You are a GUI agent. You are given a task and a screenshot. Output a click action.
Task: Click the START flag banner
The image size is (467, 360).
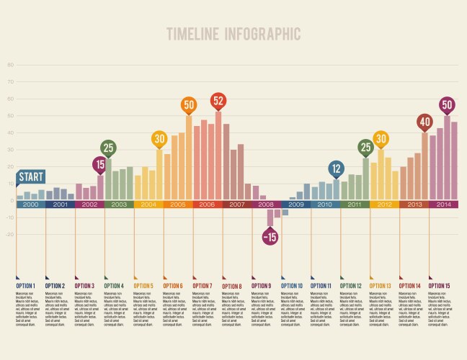(x=31, y=177)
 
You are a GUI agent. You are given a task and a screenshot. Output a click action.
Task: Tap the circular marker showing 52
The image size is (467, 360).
(x=218, y=101)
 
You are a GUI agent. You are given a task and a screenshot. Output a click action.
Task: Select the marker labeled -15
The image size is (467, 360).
(x=270, y=236)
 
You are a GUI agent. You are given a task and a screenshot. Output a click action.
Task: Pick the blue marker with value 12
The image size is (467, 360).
(x=336, y=170)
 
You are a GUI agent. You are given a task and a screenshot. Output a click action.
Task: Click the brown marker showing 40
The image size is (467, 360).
(x=425, y=122)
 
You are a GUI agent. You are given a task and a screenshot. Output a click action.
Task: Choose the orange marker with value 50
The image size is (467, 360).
(x=189, y=105)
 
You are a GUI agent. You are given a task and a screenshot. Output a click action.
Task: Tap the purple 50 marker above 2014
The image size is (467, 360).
(x=447, y=105)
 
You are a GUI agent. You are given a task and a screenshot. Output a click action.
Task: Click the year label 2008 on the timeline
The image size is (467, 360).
(x=266, y=204)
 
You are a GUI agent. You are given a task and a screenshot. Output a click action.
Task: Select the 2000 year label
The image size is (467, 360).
(x=31, y=204)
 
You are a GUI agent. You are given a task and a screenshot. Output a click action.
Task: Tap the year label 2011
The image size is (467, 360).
(x=355, y=204)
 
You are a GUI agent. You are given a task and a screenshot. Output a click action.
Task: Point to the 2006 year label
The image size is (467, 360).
(x=207, y=204)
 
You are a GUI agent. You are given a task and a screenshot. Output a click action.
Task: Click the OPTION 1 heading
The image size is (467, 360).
(x=26, y=286)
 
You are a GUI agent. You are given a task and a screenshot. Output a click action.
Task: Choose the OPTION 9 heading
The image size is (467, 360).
(x=262, y=286)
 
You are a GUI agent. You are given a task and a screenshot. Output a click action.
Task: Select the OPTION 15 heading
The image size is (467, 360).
(x=440, y=286)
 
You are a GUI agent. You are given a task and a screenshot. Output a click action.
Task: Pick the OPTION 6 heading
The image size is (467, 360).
(x=173, y=286)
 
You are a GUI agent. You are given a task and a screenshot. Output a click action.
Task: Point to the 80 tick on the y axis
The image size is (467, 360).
(x=10, y=65)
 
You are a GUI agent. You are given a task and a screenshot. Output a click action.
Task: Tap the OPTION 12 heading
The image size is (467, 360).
(x=351, y=286)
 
